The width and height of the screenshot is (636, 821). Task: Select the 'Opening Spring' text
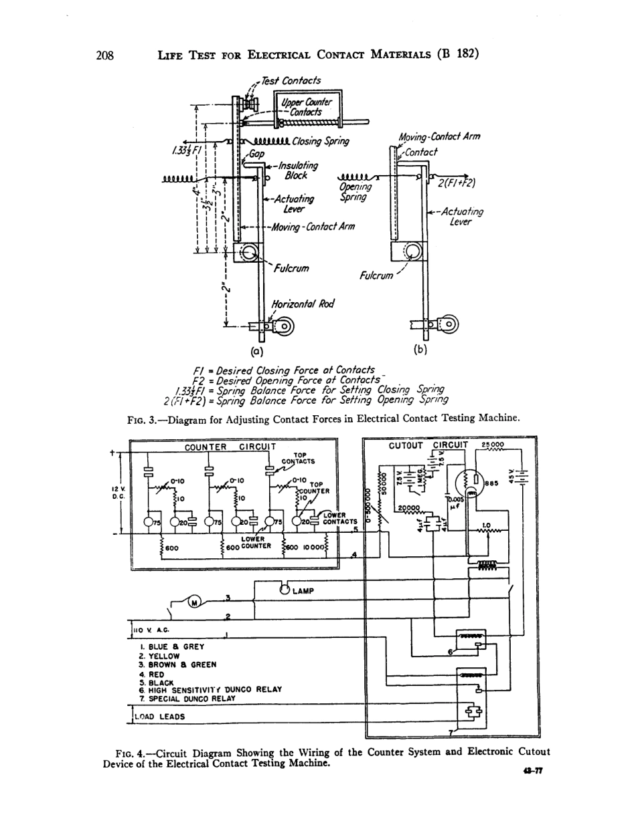(x=352, y=193)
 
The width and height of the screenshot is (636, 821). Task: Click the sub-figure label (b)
(x=420, y=348)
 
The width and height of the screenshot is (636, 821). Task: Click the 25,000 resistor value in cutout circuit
(x=493, y=445)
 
